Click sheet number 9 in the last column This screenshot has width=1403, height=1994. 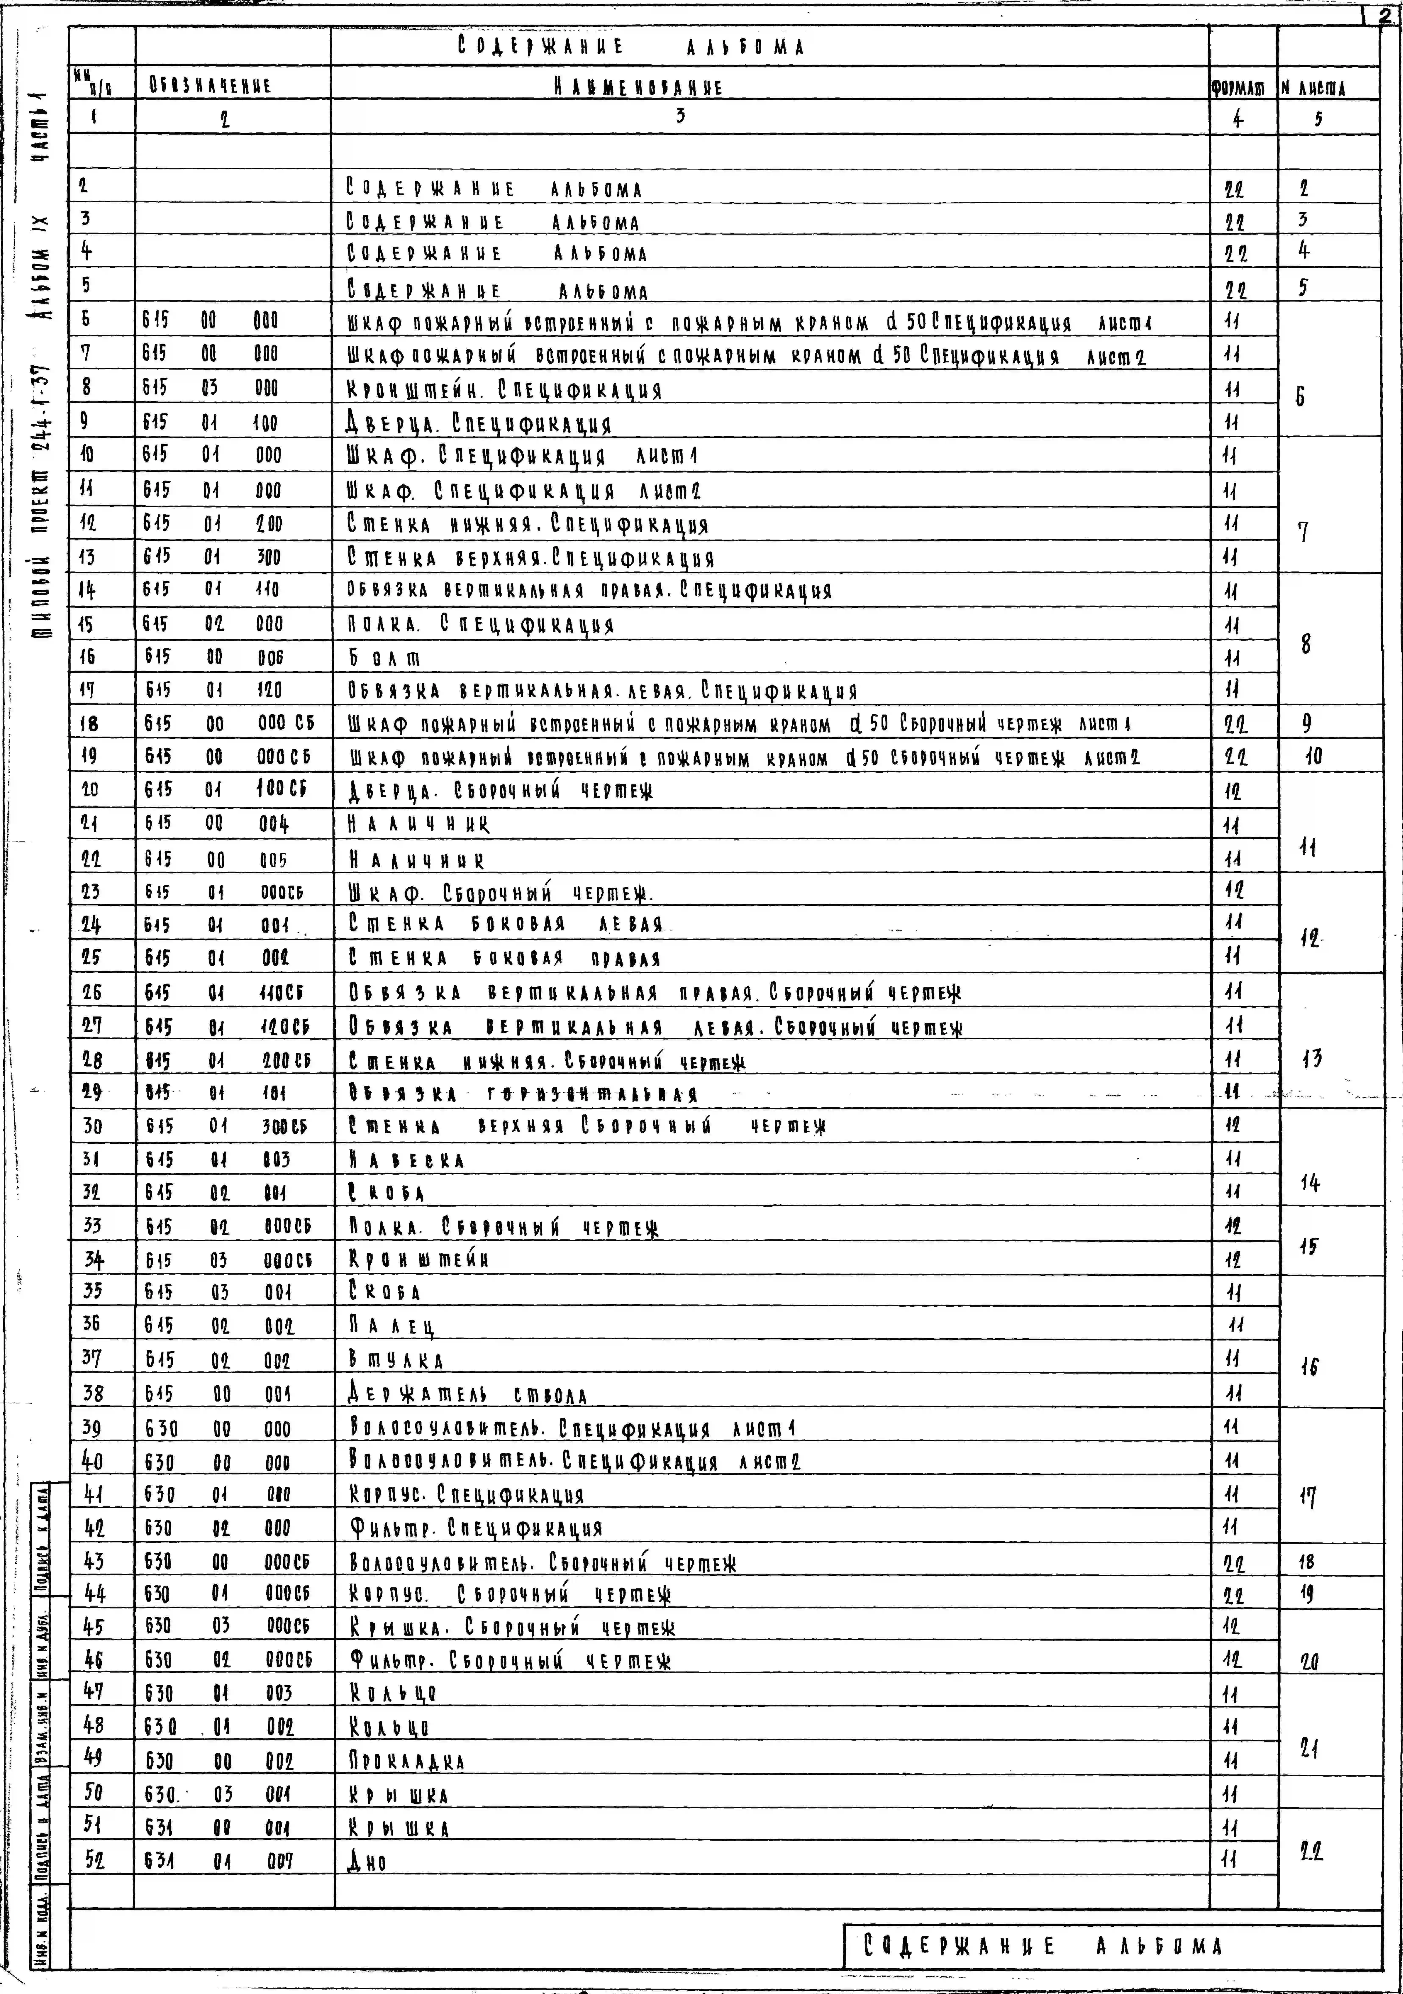[x=1307, y=723]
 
